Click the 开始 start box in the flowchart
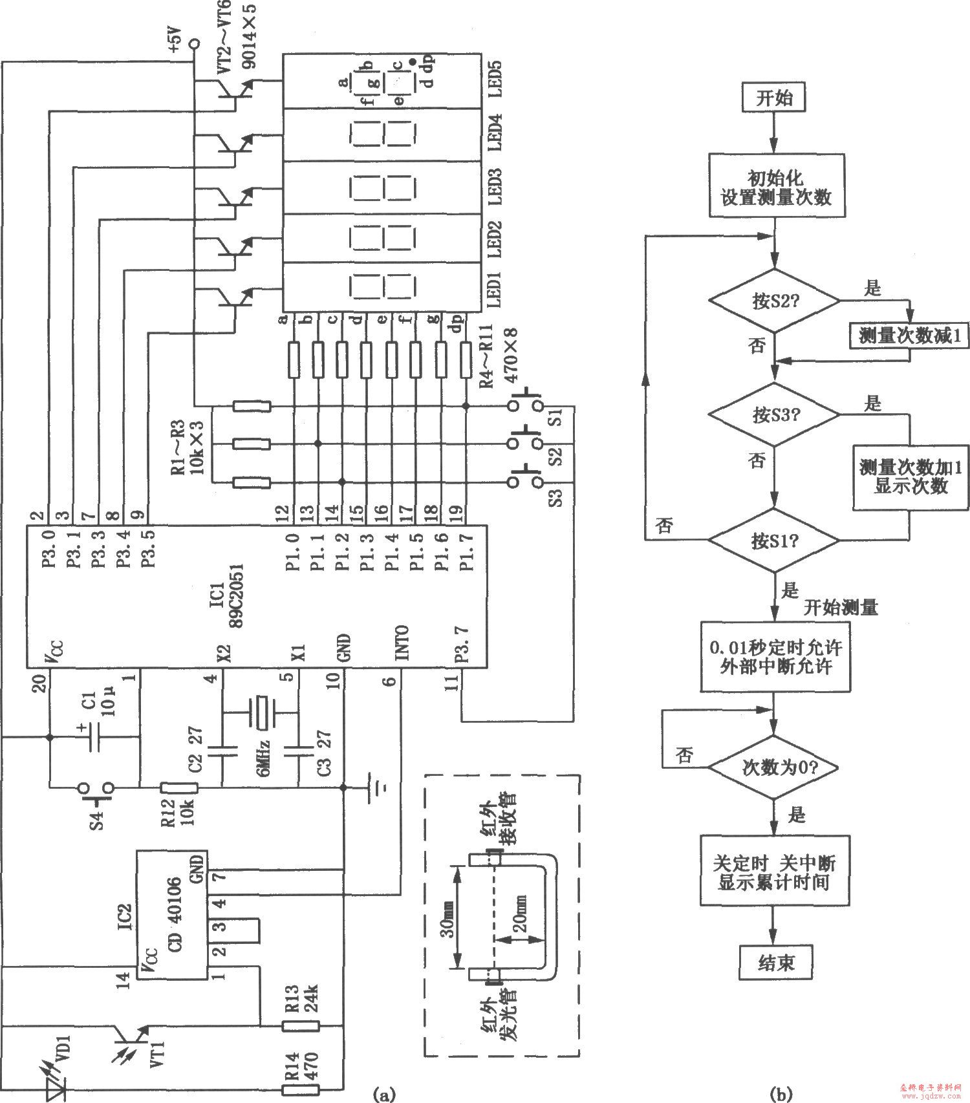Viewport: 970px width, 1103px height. [774, 98]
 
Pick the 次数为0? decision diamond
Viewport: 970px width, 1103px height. [774, 767]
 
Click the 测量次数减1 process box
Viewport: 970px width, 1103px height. [909, 336]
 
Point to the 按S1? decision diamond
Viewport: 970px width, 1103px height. [774, 541]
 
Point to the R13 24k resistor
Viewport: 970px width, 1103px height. [301, 1025]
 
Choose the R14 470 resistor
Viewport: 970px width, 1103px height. [301, 1089]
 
